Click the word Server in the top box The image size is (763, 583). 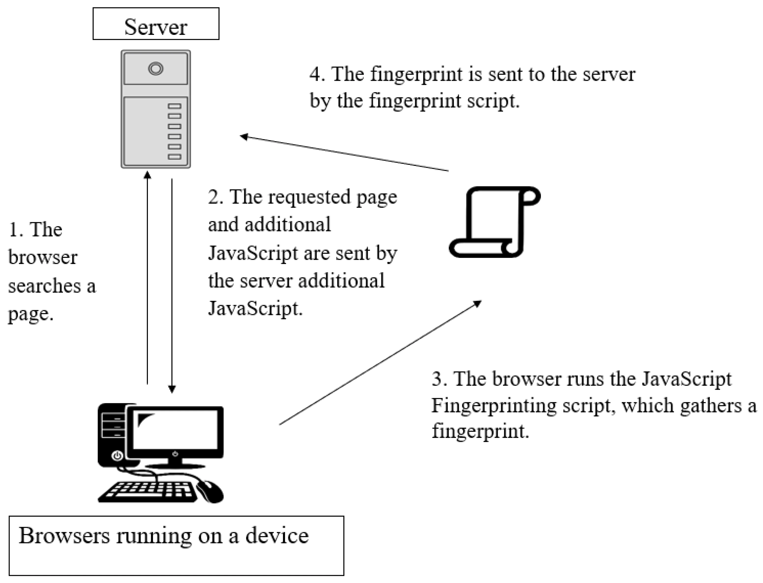pos(155,27)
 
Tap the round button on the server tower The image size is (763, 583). pos(155,68)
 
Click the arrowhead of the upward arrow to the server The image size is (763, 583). pos(148,175)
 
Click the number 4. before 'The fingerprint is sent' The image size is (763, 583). pos(317,74)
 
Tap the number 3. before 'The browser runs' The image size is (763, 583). pos(439,379)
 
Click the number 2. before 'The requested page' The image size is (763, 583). pos(215,197)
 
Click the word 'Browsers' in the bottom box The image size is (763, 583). pos(64,535)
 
